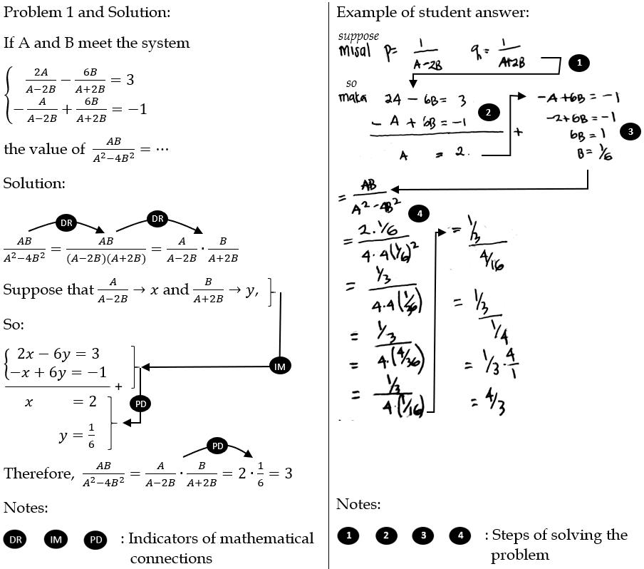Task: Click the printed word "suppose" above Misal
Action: pyautogui.click(x=358, y=36)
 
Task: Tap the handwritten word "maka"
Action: pyautogui.click(x=350, y=97)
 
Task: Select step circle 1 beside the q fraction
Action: pyautogui.click(x=578, y=63)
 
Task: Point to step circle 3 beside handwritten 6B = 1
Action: pyautogui.click(x=630, y=131)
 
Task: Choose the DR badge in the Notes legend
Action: pyautogui.click(x=16, y=540)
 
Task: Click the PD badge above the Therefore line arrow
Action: pyautogui.click(x=218, y=446)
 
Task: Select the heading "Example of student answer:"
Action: pyautogui.click(x=432, y=12)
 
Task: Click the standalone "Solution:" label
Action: pyautogui.click(x=34, y=183)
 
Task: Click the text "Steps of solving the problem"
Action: pyautogui.click(x=559, y=545)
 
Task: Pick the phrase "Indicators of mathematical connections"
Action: pyautogui.click(x=221, y=548)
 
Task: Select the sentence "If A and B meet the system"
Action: pyautogui.click(x=96, y=43)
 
